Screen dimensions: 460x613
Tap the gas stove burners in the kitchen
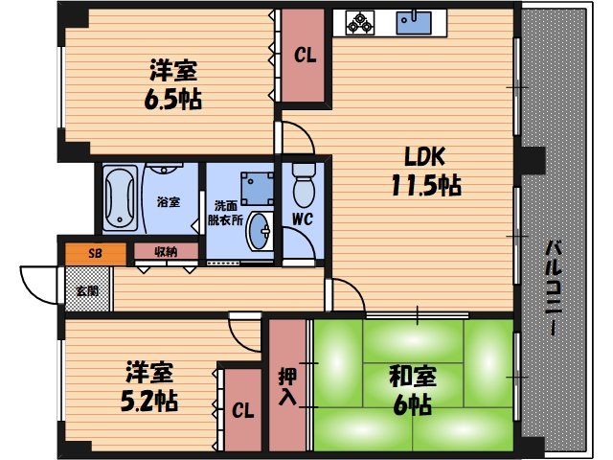[360, 22]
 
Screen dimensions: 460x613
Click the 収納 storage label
[165, 252]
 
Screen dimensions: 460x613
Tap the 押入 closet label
[286, 385]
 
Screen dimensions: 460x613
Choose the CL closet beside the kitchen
[304, 56]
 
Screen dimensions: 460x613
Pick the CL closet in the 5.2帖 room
[242, 411]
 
